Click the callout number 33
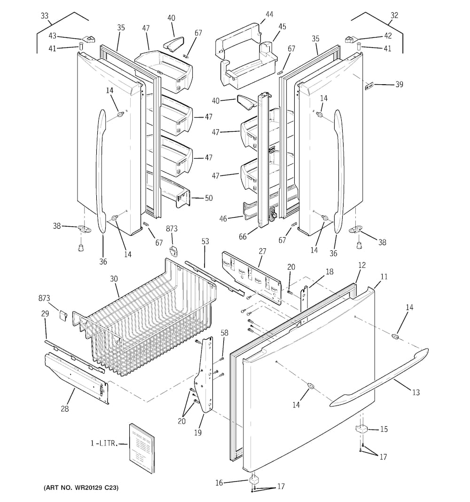click(x=45, y=16)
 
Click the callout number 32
click(x=394, y=16)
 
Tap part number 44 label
click(x=269, y=15)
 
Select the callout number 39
click(x=399, y=85)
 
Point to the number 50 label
click(x=208, y=198)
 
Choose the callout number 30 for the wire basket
click(x=114, y=279)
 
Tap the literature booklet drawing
click(x=141, y=447)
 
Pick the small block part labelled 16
click(x=254, y=479)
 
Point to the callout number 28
click(x=64, y=409)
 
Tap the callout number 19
click(x=198, y=432)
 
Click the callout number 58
click(x=225, y=333)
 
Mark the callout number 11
click(x=384, y=277)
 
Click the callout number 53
click(x=205, y=241)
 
